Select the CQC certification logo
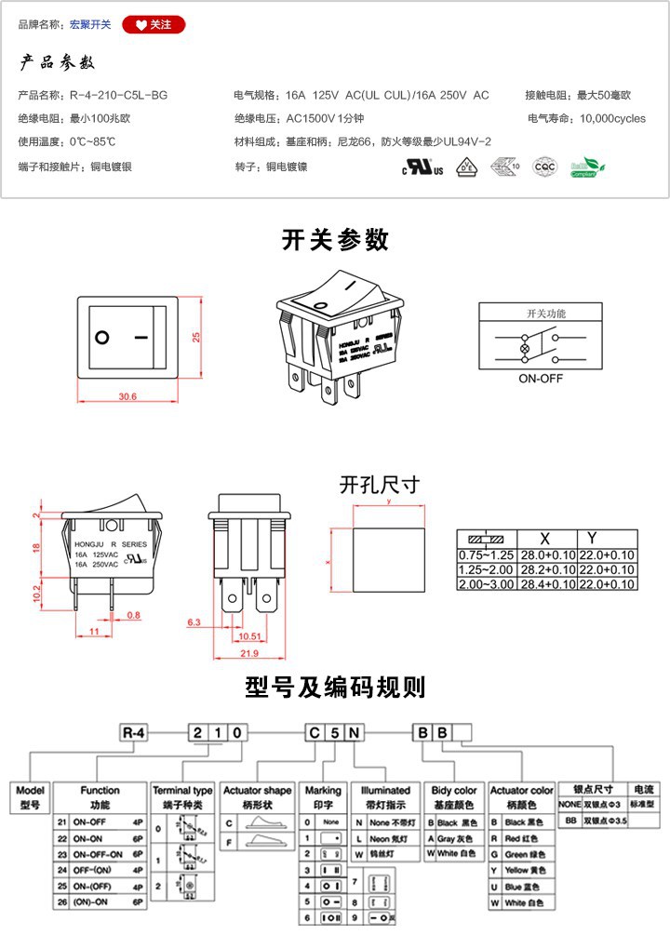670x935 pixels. pyautogui.click(x=543, y=167)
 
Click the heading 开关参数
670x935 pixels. pyautogui.click(x=335, y=240)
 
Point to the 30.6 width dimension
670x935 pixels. pyautogui.click(x=127, y=396)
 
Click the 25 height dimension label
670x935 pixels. pyautogui.click(x=196, y=337)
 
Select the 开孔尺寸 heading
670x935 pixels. pyautogui.click(x=379, y=485)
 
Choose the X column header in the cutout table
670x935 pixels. pyautogui.click(x=544, y=539)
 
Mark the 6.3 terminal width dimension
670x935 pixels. pyautogui.click(x=194, y=621)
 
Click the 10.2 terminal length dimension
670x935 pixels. pyautogui.click(x=36, y=593)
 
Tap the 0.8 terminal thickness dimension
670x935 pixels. pyautogui.click(x=134, y=615)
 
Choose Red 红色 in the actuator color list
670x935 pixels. pyautogui.click(x=527, y=838)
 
